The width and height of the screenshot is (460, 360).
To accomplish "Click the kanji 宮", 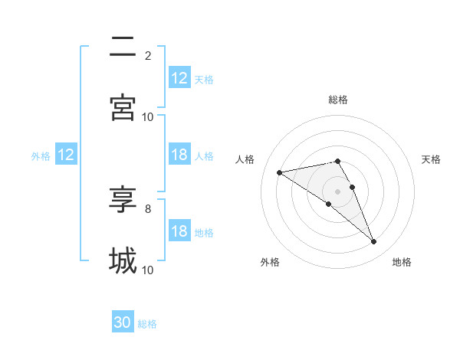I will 123,108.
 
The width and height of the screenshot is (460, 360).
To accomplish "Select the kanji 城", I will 123,260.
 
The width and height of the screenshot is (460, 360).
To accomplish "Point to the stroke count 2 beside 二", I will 148,55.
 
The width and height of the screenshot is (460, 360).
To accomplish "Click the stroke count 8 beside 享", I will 148,208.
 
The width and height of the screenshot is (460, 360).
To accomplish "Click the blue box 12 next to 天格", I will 179,78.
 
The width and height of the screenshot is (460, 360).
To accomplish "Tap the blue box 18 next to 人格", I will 179,155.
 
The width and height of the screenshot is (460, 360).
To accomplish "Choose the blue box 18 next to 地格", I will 179,231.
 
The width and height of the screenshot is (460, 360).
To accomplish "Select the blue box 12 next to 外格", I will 65,155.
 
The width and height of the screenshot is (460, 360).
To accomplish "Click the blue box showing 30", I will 123,322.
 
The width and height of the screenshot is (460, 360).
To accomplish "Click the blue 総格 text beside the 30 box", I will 148,324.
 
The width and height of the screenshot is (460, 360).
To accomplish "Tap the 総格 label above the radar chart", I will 338,100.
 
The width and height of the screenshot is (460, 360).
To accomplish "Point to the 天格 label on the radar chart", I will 431,159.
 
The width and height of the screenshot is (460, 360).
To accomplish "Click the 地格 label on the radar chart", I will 402,262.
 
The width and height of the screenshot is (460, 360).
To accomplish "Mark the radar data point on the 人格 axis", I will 280,172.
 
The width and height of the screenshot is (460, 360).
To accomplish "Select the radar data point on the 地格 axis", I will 374,242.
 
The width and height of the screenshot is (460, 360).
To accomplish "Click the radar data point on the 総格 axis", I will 337,161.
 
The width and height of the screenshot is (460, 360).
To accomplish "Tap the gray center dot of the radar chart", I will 337,191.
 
